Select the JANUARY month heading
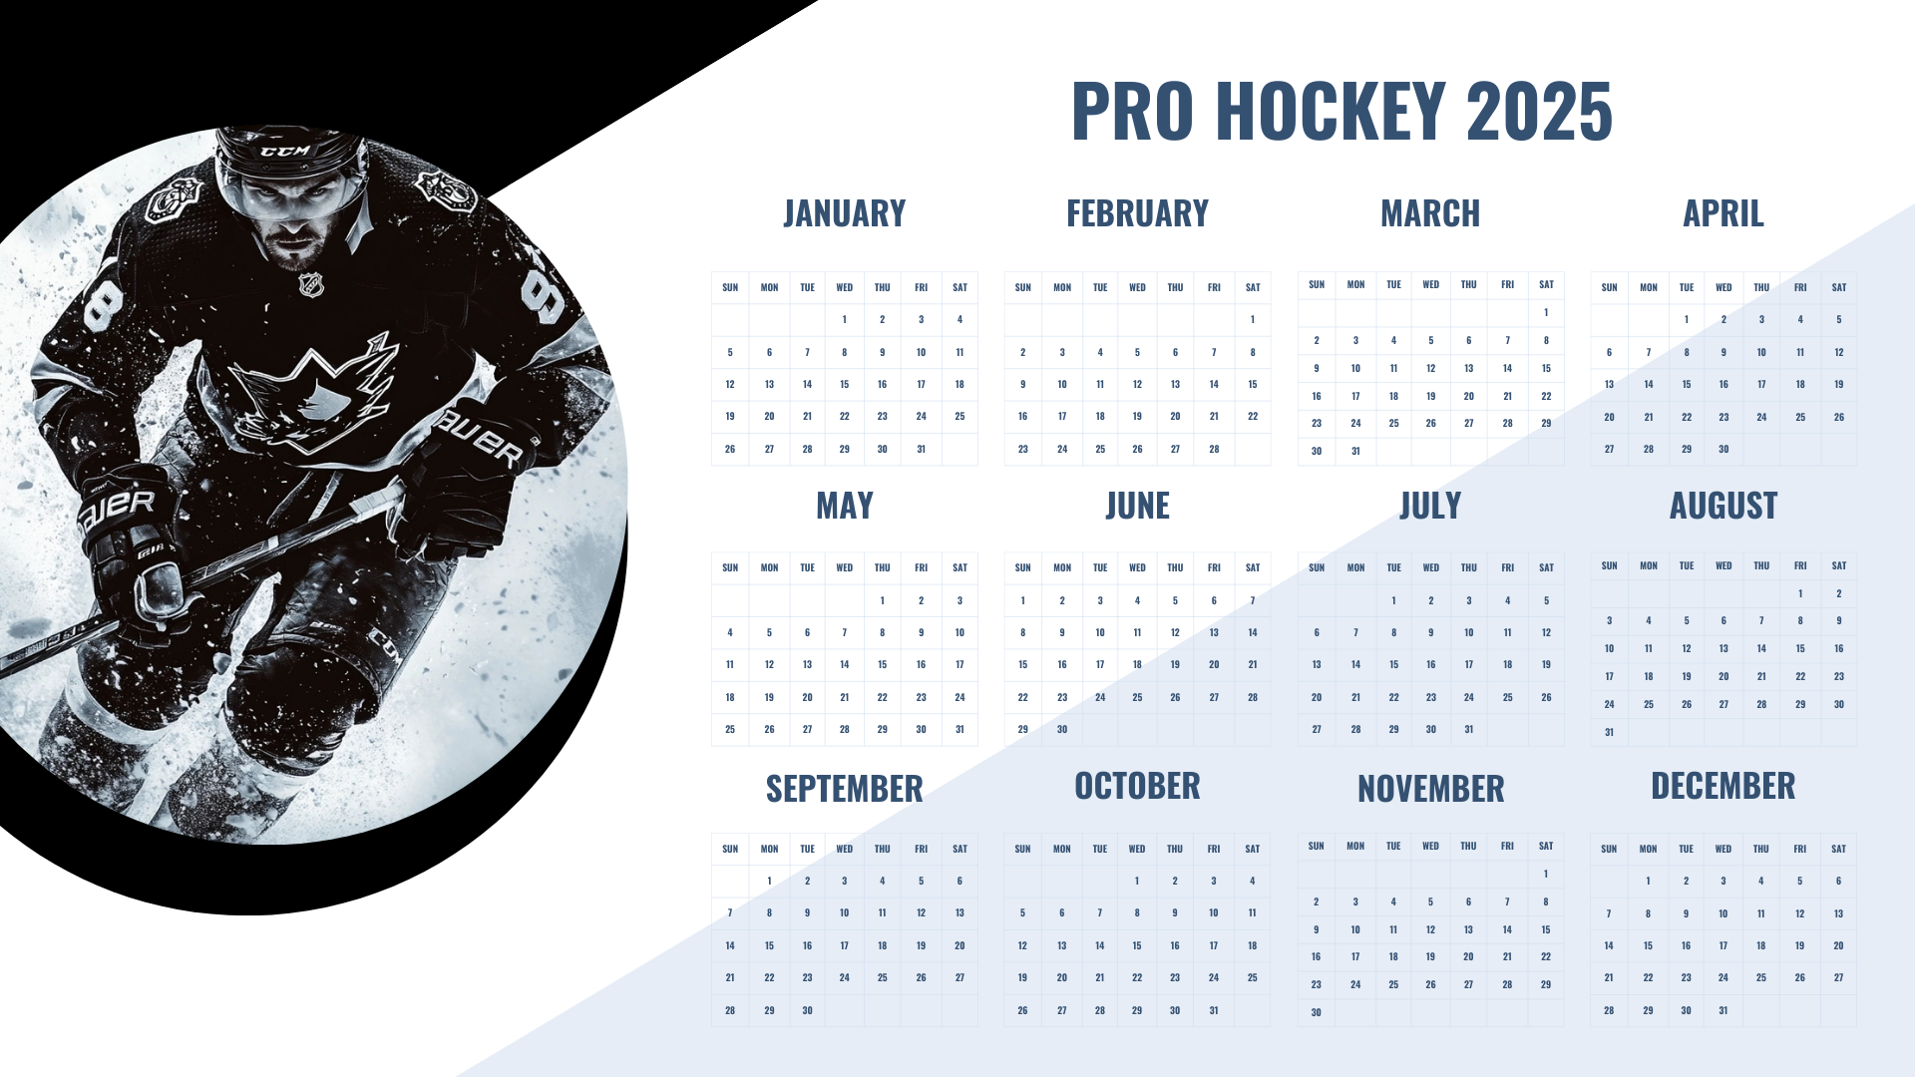845,213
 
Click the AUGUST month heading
1723,506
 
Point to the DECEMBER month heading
1723,786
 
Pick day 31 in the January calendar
921,449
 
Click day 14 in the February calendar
1214,384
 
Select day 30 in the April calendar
1723,449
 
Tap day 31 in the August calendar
1609,732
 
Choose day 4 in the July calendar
1507,600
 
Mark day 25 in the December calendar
1761,977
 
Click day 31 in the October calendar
1214,1010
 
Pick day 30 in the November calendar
1317,1012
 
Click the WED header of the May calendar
845,567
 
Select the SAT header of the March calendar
1546,284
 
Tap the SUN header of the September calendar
730,849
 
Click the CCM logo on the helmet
286,152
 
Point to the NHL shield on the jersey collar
311,285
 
